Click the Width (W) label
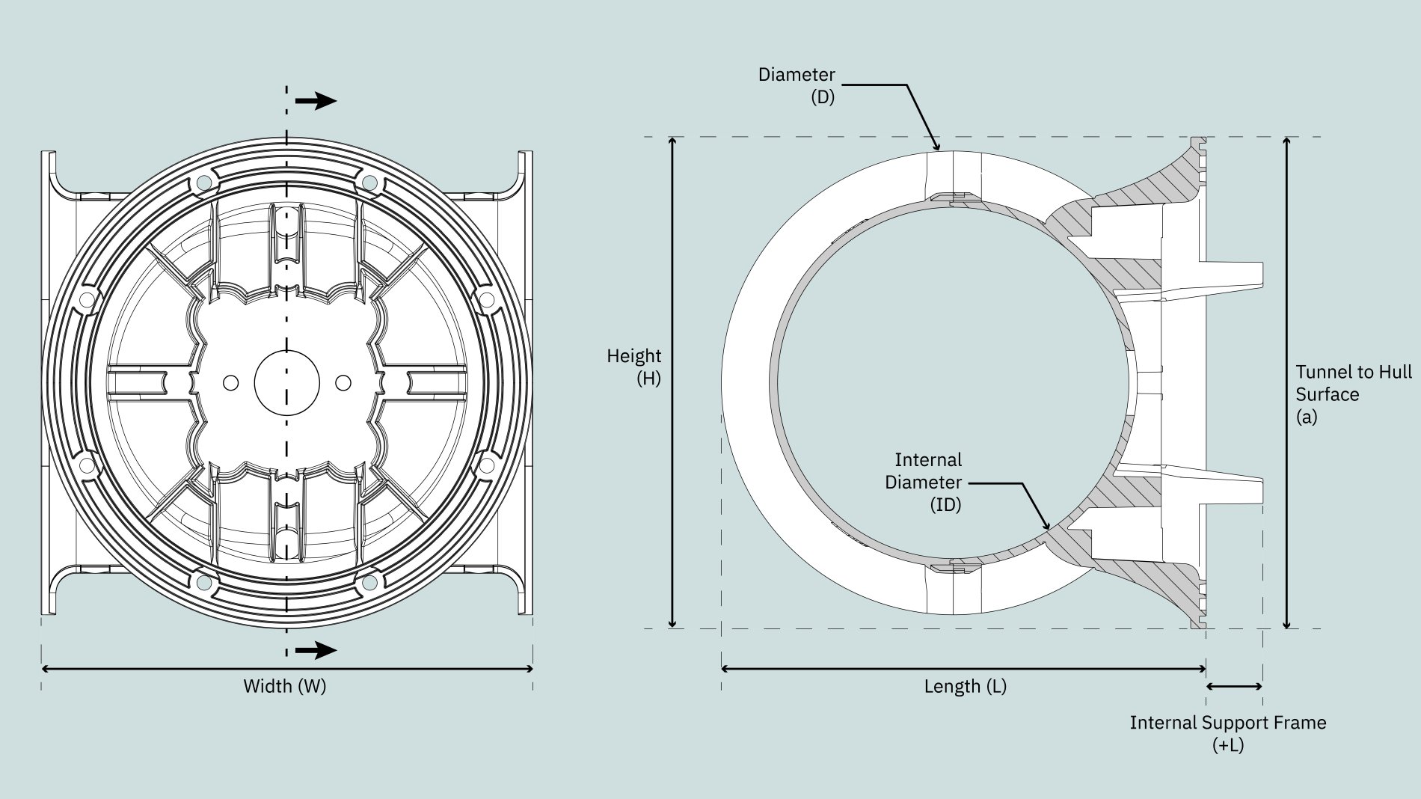[x=285, y=686]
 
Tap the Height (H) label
[x=634, y=367]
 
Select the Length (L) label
[x=966, y=686]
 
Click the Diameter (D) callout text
[x=797, y=85]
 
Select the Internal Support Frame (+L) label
[x=1228, y=734]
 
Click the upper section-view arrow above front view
[x=316, y=101]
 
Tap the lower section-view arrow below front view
[x=316, y=650]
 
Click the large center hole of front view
[x=287, y=382]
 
